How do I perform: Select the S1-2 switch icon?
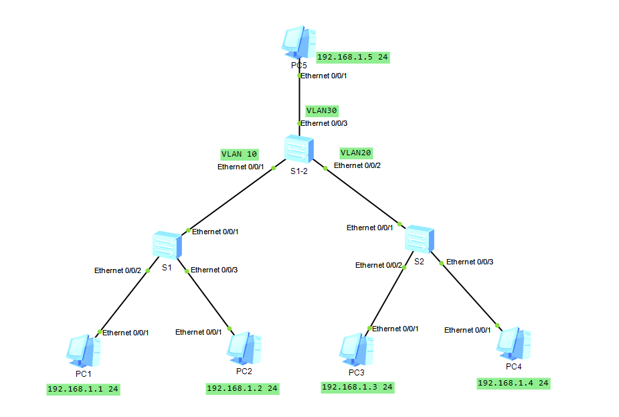point(298,149)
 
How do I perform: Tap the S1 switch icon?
point(165,246)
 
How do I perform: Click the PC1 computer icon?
point(84,349)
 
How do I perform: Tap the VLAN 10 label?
point(239,154)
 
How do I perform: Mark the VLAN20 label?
point(355,153)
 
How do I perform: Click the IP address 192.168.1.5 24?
point(353,58)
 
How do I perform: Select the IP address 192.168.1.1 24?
point(83,389)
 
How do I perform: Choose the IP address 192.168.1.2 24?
point(242,388)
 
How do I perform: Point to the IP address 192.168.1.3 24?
point(357,387)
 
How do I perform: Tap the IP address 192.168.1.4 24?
point(513,384)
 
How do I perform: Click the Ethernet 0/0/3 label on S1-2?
point(325,123)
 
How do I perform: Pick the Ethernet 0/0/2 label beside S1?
point(118,271)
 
